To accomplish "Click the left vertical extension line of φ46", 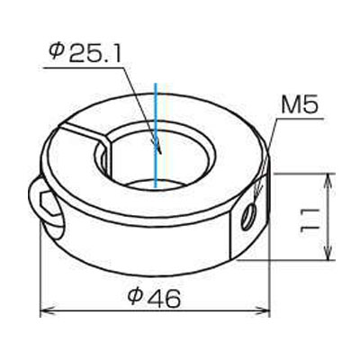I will (x=41, y=270).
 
